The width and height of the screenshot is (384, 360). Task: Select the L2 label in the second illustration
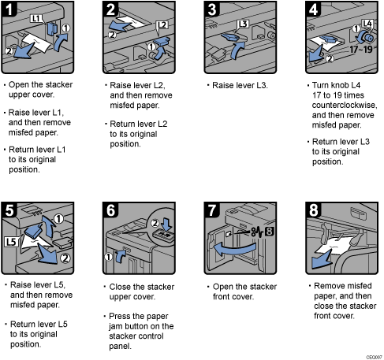(x=161, y=26)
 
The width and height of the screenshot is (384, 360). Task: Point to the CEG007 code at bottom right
(x=371, y=355)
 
